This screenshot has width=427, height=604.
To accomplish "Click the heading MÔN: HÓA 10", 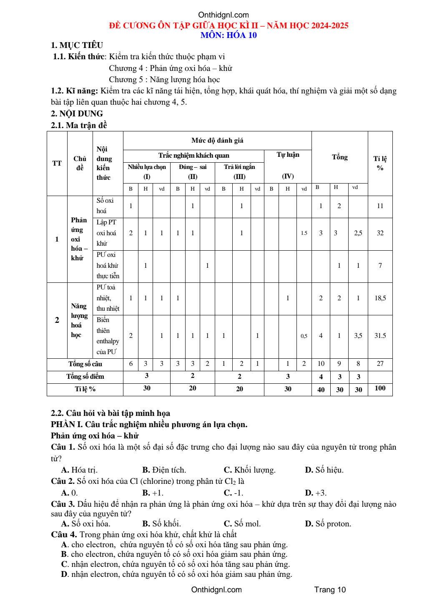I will point(229,35).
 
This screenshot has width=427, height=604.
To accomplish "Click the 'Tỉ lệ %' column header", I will point(380,163).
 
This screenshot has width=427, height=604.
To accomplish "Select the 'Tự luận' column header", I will point(288,155).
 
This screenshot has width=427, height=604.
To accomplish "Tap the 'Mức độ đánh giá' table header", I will point(217,141).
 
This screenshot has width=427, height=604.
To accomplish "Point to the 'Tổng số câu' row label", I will point(85,364).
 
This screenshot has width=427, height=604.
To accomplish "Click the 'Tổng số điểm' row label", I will point(85,377).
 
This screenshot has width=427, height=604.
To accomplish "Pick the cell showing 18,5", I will point(380,298).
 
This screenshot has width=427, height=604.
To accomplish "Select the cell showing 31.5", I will point(380,336).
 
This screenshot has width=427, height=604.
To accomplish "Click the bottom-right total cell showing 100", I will point(380,388).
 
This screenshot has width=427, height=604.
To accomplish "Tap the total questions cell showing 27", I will point(380,364).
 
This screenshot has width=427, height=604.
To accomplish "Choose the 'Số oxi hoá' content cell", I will point(105,206).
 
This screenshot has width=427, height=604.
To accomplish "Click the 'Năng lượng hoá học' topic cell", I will point(79,320).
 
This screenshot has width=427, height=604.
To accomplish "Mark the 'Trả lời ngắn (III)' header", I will point(239,171).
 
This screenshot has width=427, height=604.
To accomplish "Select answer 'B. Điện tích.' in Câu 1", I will point(164,470).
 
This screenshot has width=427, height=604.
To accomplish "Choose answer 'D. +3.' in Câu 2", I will point(316,493).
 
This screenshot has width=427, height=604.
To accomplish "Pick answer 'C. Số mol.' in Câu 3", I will point(242,524).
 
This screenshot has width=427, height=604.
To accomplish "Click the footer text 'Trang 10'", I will point(330,590).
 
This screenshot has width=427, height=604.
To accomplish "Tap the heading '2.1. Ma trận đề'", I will point(79,125).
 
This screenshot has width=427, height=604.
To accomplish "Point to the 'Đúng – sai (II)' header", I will point(193,171).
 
